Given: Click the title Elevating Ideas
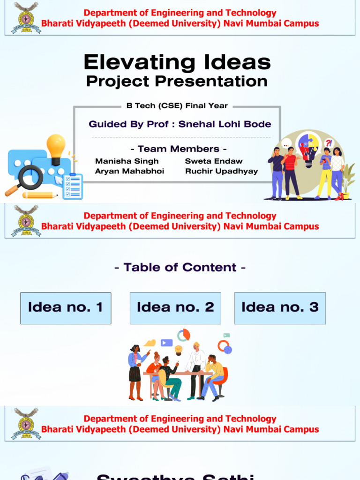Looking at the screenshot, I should point(177,62).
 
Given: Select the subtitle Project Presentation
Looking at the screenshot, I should point(177,82).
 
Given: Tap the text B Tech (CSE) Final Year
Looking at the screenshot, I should point(177,106).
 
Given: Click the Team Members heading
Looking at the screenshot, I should point(179,149).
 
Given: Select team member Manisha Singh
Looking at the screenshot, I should point(120,161).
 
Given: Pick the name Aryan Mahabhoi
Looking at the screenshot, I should point(129,172).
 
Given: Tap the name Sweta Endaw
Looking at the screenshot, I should point(214,161).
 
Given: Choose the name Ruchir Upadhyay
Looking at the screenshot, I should point(221,172).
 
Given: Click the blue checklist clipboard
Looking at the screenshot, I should point(73,186).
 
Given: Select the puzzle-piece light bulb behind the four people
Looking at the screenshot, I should point(308,149).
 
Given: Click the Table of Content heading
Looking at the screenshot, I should point(180,268).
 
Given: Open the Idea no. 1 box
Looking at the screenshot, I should point(66,308).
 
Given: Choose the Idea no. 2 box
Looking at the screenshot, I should point(175,308).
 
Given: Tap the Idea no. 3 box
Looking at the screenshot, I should point(280,308).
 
